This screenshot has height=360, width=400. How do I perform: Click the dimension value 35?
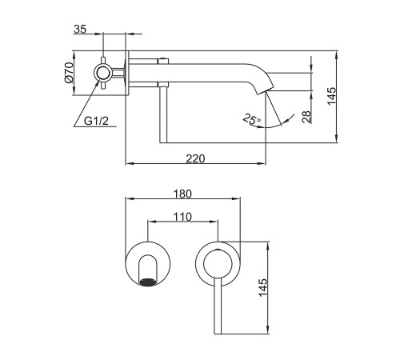pos(80,29)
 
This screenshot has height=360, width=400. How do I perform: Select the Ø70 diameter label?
pos(69,72)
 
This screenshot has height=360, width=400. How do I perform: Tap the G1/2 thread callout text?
pos(96,121)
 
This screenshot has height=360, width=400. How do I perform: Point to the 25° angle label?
pos(252,119)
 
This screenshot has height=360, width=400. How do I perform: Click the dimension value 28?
pos(307,117)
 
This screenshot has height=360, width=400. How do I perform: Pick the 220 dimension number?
pos(195,158)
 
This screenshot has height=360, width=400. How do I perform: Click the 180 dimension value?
pos(182,194)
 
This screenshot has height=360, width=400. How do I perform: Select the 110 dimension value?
pos(182,217)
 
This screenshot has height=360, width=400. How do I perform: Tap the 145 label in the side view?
pos(332,96)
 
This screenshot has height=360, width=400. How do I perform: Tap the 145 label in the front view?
pos(263,287)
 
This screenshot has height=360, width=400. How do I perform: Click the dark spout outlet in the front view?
pos(147,282)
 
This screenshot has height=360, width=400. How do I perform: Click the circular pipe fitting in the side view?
pos(103,73)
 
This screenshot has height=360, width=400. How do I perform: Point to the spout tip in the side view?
pos(266,90)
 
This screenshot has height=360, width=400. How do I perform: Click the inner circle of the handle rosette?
pos(218,263)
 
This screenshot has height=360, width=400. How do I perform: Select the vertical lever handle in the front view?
pos(218,306)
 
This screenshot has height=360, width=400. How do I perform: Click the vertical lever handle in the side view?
pos(163,114)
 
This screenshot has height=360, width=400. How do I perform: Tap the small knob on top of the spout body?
pos(162,61)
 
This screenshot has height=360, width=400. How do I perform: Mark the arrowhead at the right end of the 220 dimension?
pos(262,163)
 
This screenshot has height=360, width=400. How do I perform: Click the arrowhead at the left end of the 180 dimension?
pos(130,198)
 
